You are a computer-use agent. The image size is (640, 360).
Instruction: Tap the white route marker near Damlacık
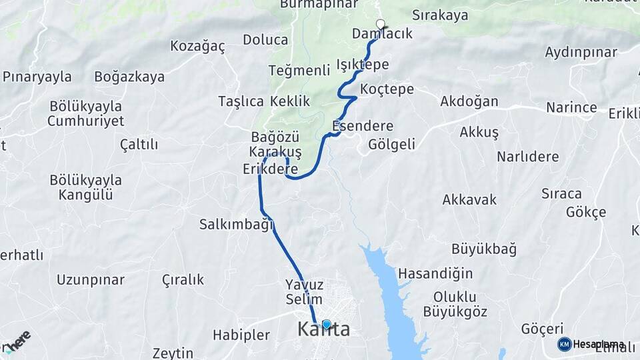click(381, 25)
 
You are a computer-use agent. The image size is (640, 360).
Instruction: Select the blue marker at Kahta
click(326, 325)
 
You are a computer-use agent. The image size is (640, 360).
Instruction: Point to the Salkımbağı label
click(237, 225)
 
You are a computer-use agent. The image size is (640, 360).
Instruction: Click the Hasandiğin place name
click(435, 273)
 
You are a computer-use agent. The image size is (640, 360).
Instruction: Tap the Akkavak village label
click(469, 199)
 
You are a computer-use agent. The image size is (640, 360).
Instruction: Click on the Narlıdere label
click(527, 157)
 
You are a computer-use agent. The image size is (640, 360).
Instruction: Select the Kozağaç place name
click(197, 46)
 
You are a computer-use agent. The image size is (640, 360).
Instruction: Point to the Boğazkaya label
click(129, 77)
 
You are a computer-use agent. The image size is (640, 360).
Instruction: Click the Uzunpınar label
click(91, 279)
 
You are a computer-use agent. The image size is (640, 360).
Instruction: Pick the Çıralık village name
click(183, 279)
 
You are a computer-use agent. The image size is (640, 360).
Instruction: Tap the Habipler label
click(241, 335)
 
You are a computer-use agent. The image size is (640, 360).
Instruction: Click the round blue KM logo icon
click(564, 344)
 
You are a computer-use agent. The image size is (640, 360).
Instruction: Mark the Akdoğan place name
click(469, 101)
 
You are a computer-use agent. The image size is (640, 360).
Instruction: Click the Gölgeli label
click(391, 144)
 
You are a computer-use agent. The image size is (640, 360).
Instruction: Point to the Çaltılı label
click(139, 144)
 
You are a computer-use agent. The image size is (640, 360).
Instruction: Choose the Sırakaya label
click(440, 15)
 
